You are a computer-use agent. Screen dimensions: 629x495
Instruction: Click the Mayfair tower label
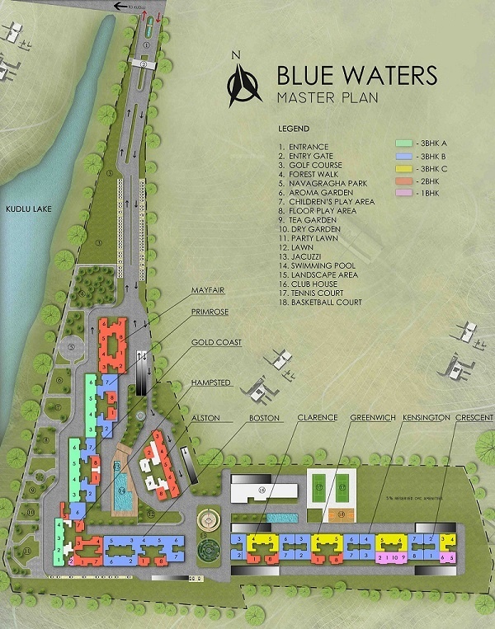[209, 290]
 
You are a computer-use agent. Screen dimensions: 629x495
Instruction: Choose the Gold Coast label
[216, 342]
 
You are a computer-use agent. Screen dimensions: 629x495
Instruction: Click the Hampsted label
[211, 382]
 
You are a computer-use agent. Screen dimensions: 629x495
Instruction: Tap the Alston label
[206, 418]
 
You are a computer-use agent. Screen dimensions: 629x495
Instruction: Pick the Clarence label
[318, 418]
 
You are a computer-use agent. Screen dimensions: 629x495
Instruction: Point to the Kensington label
[427, 418]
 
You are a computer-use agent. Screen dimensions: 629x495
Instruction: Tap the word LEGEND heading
[294, 129]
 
